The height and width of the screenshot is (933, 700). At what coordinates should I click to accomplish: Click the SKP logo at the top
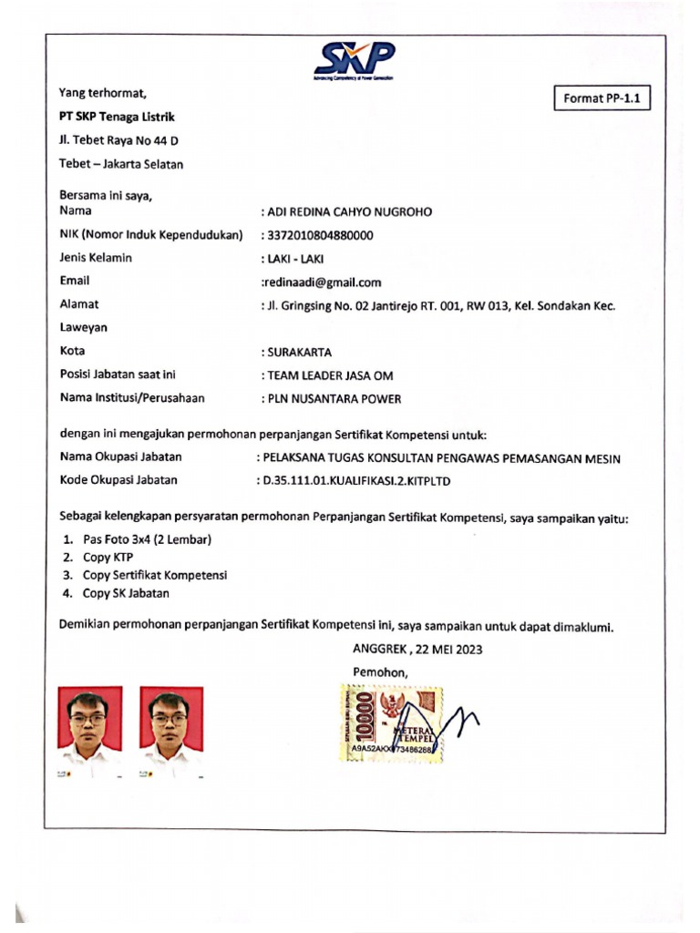tap(355, 59)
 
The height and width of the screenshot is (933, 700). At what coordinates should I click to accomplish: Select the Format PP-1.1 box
tap(602, 99)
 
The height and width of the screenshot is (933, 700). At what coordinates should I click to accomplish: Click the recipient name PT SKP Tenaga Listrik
tap(117, 117)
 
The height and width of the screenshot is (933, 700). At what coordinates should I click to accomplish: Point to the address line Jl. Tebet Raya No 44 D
tap(118, 140)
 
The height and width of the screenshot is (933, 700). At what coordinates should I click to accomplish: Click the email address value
tap(322, 282)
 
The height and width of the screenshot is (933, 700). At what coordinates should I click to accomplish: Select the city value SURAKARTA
tap(299, 352)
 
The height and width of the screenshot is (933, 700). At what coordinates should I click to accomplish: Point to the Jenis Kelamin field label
tap(96, 258)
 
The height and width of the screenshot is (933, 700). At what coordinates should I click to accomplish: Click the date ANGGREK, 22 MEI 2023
tap(417, 650)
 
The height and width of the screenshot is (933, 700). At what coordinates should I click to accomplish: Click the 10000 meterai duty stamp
tap(393, 725)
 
